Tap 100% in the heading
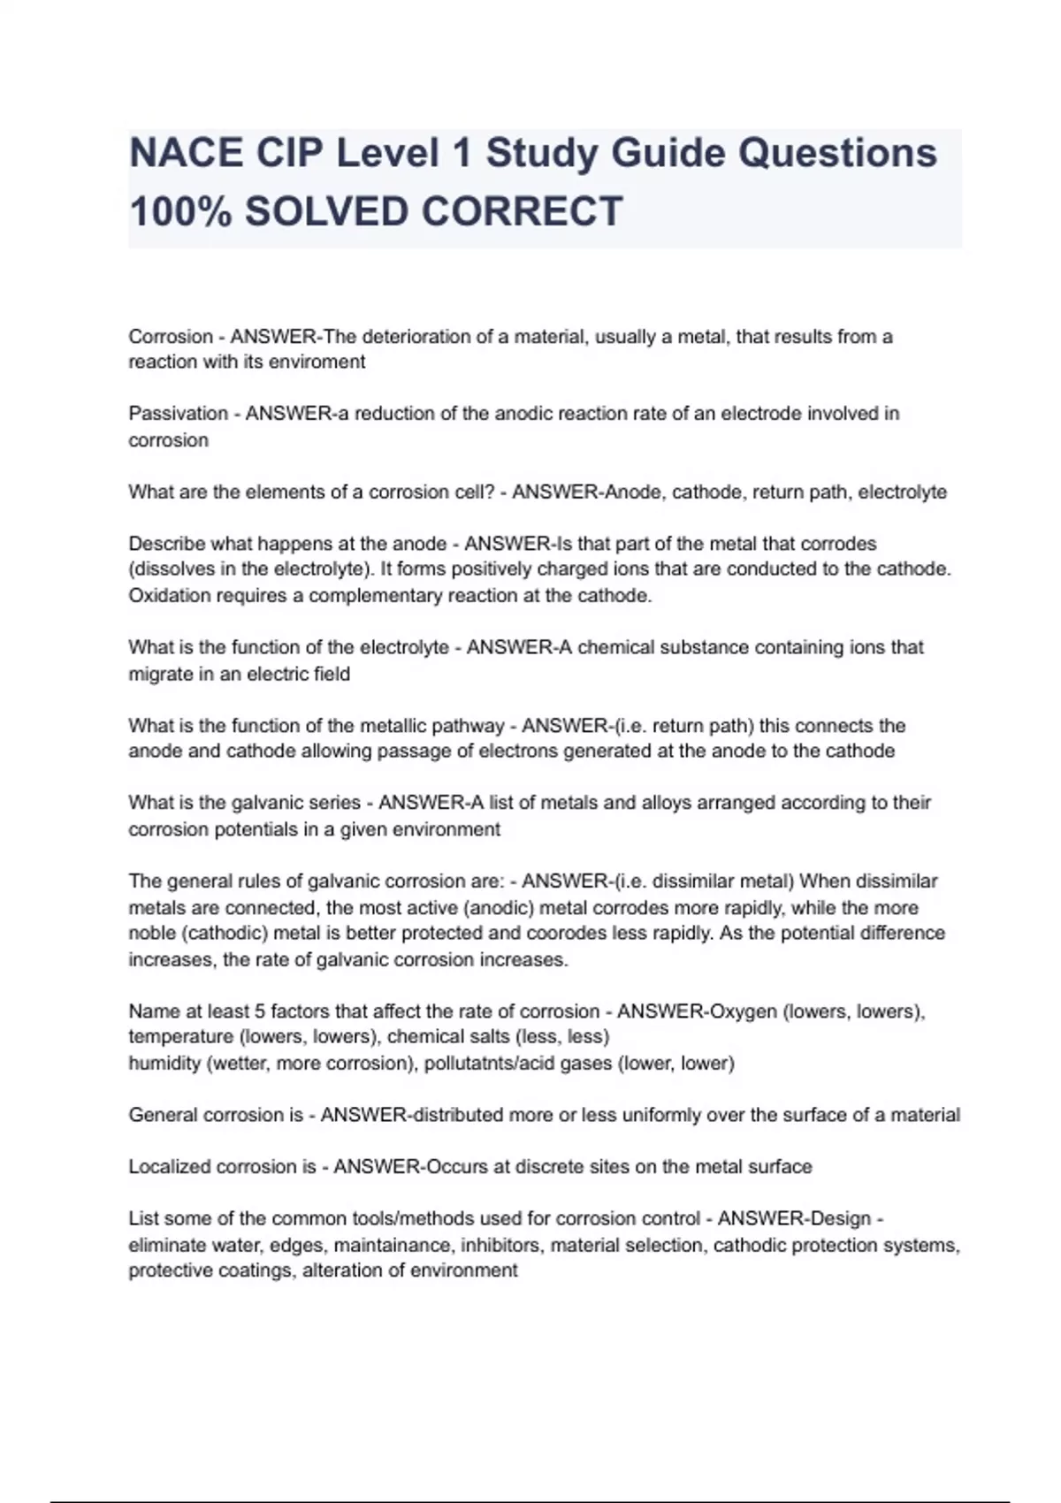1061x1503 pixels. click(180, 212)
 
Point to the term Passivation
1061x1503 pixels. click(179, 414)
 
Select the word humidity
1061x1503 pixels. click(164, 1064)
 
